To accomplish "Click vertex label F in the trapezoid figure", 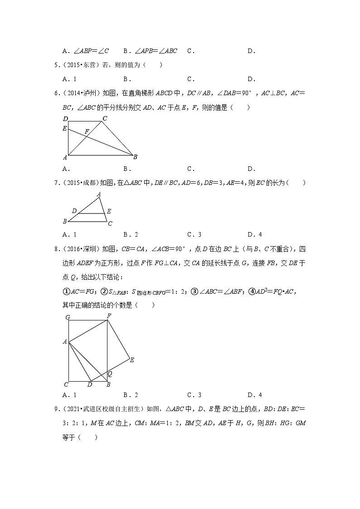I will pos(87,131).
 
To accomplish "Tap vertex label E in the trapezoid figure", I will pos(65,128).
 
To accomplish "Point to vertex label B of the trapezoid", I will pos(135,157).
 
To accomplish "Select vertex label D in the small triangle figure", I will pos(74,211).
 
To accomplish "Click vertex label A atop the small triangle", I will pos(99,194).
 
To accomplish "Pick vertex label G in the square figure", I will pos(67,317).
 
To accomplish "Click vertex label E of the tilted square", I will pos(132,360).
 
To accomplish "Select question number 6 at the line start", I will pos(57,93).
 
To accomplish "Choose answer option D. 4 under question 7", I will pos(254,234).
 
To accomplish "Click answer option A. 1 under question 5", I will pos(69,79).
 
